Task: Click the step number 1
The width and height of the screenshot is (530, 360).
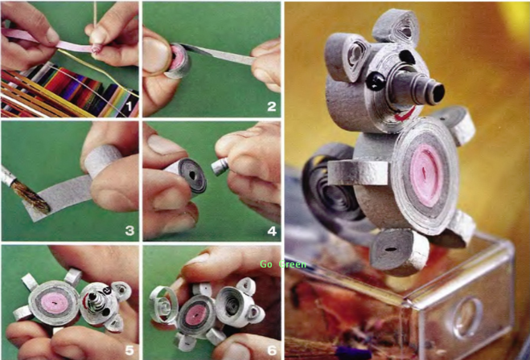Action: pos(128,107)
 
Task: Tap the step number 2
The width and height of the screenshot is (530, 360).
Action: pos(271,107)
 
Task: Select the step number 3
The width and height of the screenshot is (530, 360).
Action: pos(129,231)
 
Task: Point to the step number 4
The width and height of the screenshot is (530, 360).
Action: pos(272,231)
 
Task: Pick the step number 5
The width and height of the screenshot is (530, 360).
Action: pos(129,350)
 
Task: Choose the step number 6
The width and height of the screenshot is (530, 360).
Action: pos(272,350)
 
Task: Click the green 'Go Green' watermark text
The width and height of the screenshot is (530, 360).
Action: pos(283,264)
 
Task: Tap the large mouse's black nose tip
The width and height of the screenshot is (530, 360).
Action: pos(438,92)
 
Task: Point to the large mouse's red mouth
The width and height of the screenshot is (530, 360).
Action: pos(405,114)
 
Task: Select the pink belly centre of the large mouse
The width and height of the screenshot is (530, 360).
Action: pos(426,175)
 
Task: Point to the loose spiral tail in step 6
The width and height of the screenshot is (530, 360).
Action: pos(163,305)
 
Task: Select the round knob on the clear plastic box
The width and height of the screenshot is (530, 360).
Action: pos(467,317)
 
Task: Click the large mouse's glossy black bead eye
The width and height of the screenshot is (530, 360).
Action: pos(376,82)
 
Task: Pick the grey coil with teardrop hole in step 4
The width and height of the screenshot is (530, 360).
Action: pos(193,176)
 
